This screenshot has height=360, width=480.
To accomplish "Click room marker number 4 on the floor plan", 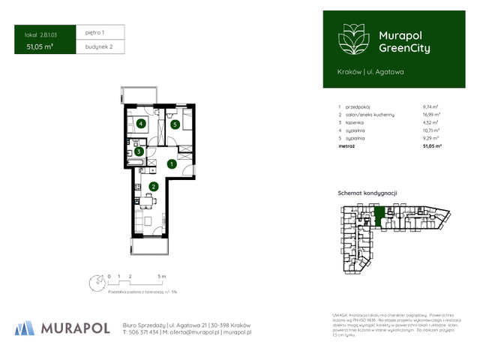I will coord(140,124).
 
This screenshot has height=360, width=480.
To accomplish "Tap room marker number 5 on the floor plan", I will coord(175,124).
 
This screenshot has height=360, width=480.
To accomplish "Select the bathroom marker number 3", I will coord(138,151).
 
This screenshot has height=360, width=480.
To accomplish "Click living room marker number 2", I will coord(153,187).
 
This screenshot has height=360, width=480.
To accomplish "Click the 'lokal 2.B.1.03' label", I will coord(40,34).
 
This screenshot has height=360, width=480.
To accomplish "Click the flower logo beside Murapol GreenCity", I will coord(352,40).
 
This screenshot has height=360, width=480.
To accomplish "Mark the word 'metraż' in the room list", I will coord(346,147).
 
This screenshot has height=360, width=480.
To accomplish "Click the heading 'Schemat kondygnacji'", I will coord(367,193).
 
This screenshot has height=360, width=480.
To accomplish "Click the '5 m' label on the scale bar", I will coord(162,277).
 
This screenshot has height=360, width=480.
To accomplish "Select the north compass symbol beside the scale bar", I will coord(95,283).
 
